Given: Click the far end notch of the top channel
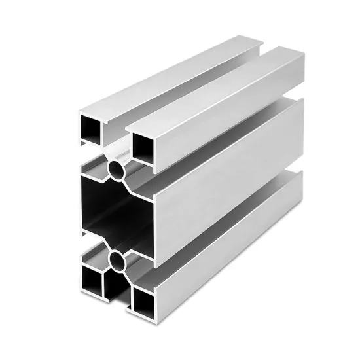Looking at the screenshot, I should (261, 46).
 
